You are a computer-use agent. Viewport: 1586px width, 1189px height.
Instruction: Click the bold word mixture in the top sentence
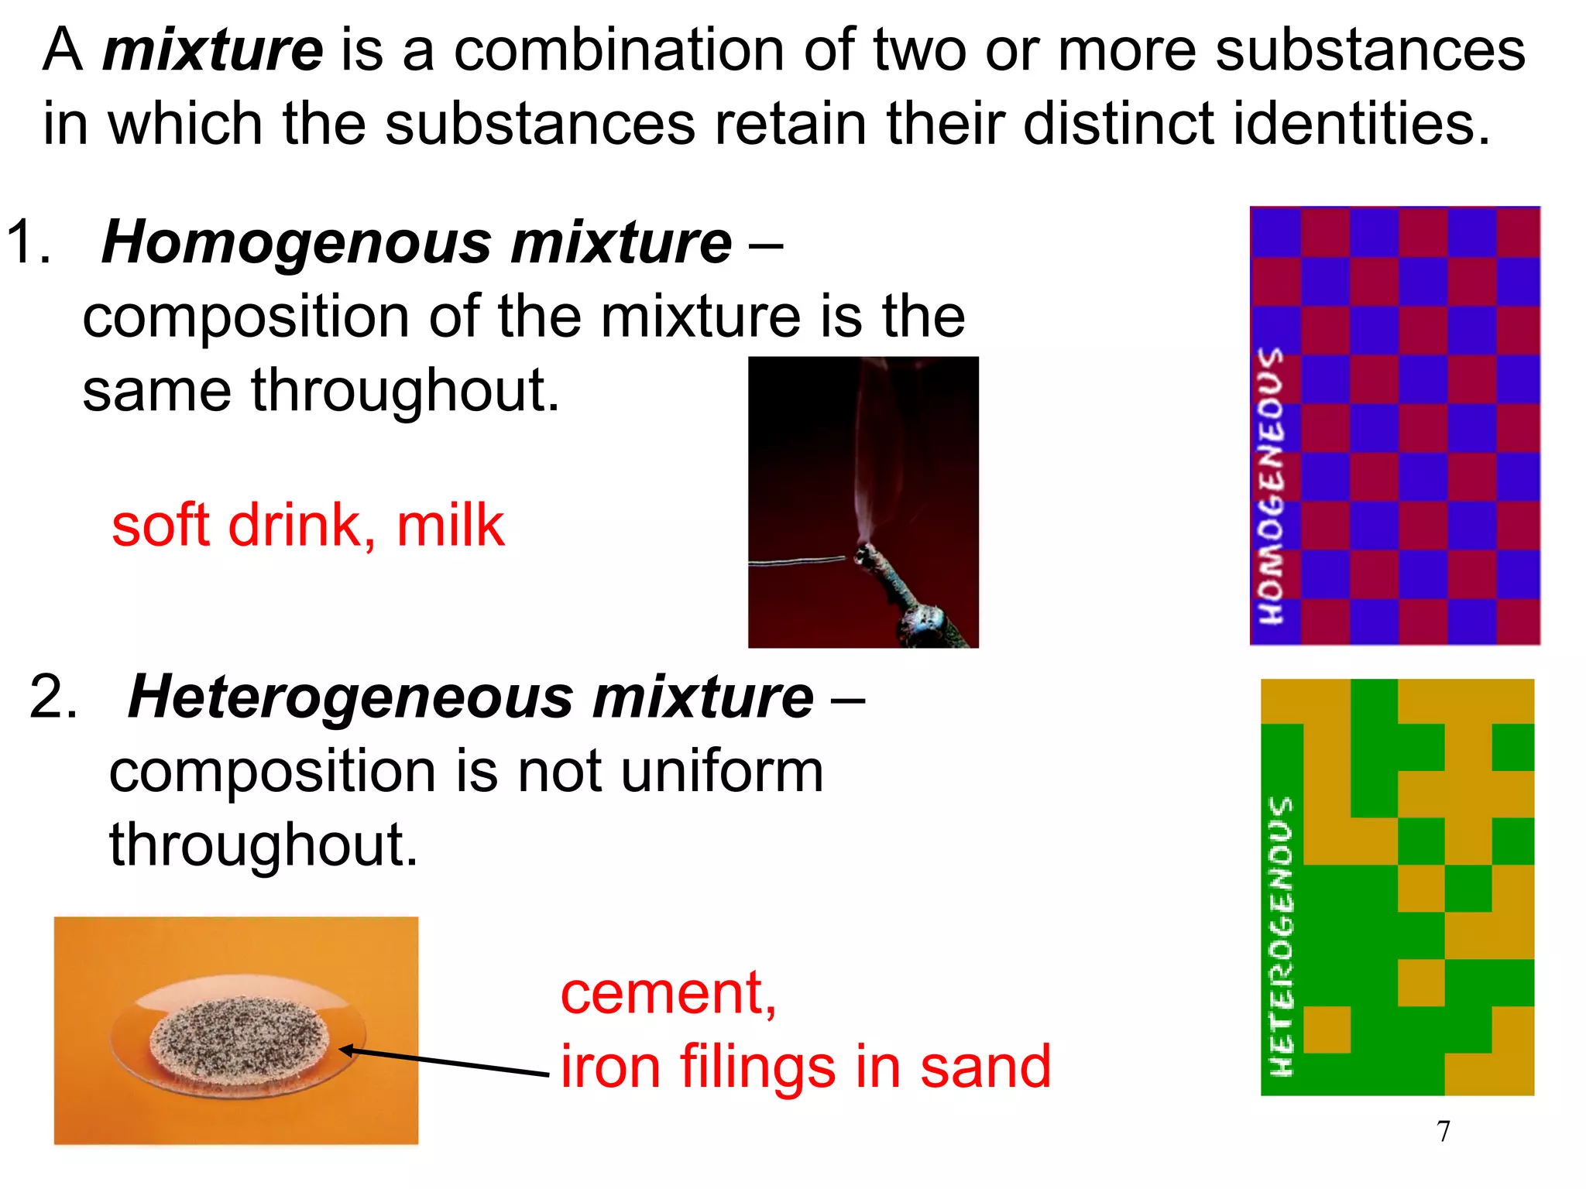tap(213, 51)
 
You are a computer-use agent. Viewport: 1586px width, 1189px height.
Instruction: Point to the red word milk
tap(450, 526)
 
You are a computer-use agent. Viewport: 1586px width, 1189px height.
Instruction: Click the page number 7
tap(1443, 1132)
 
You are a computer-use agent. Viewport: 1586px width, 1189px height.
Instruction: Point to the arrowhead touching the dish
tap(346, 1050)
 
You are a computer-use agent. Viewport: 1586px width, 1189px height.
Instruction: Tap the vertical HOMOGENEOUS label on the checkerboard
tap(1270, 486)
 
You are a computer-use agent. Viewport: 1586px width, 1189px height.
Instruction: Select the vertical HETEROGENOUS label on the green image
tap(1281, 937)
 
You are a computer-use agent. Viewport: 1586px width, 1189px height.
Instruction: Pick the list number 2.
tap(53, 697)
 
